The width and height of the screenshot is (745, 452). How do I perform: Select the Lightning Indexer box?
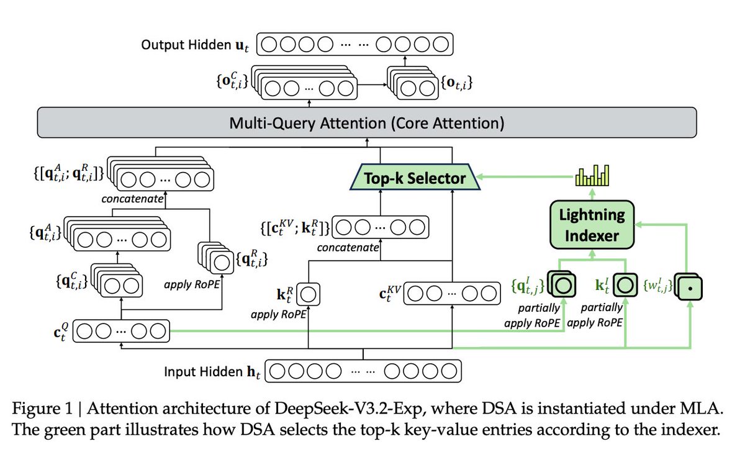pos(594,225)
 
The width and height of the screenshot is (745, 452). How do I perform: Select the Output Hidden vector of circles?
pos(356,45)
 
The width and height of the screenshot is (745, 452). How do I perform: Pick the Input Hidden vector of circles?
pos(366,372)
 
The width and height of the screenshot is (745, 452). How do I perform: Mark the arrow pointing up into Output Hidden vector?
pos(404,60)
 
